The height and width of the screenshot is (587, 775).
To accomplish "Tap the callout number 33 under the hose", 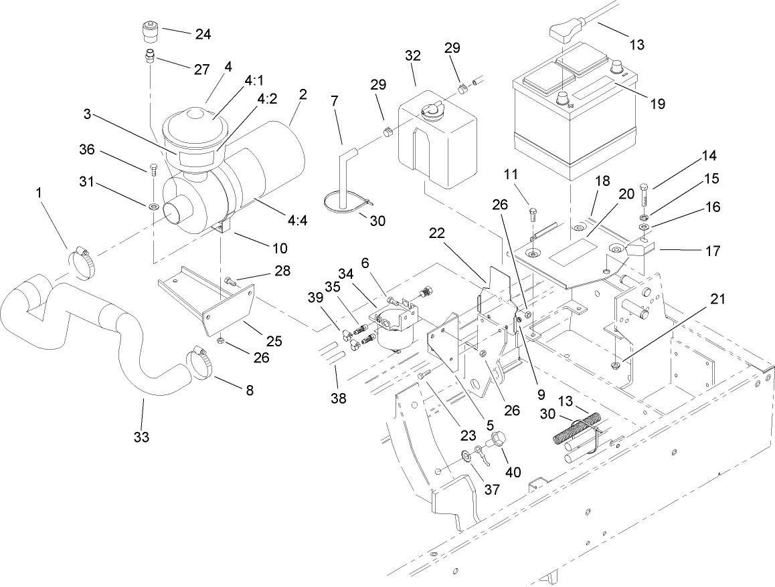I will click(x=141, y=437).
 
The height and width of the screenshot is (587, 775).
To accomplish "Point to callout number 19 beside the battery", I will click(x=657, y=103).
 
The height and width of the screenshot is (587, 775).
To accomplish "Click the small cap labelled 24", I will click(x=148, y=31).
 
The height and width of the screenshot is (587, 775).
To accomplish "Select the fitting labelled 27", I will click(x=149, y=56).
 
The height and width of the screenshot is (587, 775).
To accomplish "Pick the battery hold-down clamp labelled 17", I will click(x=640, y=252).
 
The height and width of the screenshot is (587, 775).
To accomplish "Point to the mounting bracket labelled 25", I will click(x=228, y=308).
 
